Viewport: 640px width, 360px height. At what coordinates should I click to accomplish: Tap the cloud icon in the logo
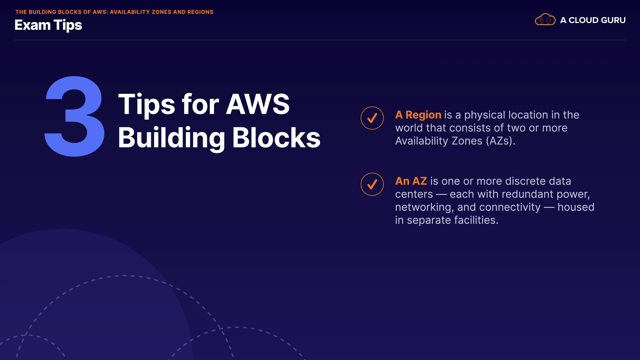pyautogui.click(x=545, y=20)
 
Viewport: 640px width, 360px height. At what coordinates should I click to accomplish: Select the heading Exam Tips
pyautogui.click(x=48, y=25)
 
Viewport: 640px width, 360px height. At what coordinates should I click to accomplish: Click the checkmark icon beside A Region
pyautogui.click(x=372, y=118)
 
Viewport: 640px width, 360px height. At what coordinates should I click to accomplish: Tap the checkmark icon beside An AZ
pyautogui.click(x=372, y=184)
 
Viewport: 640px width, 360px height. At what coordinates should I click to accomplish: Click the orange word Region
pyautogui.click(x=423, y=115)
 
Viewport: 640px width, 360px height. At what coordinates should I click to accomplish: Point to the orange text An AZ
pyautogui.click(x=411, y=181)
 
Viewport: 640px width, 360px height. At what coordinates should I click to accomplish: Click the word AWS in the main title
pyautogui.click(x=258, y=104)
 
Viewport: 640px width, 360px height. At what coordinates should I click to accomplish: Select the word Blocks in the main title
pyautogui.click(x=276, y=138)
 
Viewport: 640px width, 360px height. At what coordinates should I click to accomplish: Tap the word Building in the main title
pyautogui.click(x=172, y=138)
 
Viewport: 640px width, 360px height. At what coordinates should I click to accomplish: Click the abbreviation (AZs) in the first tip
pyautogui.click(x=500, y=141)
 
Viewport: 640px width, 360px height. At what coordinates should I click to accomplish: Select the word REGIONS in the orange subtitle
pyautogui.click(x=200, y=12)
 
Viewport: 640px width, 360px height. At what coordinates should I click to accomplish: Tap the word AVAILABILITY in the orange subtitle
pyautogui.click(x=129, y=12)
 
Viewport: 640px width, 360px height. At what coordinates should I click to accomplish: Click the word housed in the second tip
pyautogui.click(x=576, y=207)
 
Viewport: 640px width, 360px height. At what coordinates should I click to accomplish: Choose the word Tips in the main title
pyautogui.click(x=146, y=104)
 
